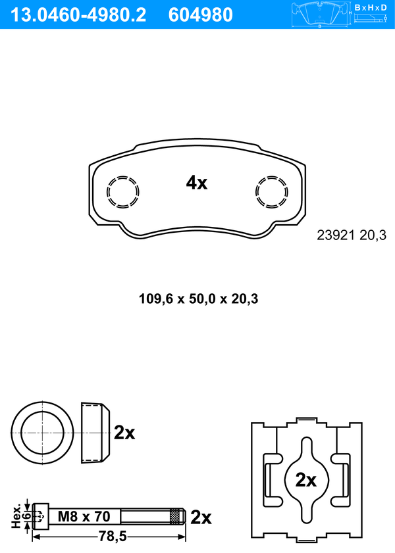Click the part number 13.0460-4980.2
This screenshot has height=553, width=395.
coord(78,15)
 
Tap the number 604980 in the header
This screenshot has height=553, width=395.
coord(201,15)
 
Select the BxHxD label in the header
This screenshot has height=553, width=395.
coord(371,7)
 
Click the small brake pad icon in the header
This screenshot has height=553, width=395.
coord(319,14)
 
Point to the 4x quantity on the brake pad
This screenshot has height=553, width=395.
coord(197,183)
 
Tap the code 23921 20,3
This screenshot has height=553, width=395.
coord(352,235)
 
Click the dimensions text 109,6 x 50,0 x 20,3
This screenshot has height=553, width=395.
coord(198,299)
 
